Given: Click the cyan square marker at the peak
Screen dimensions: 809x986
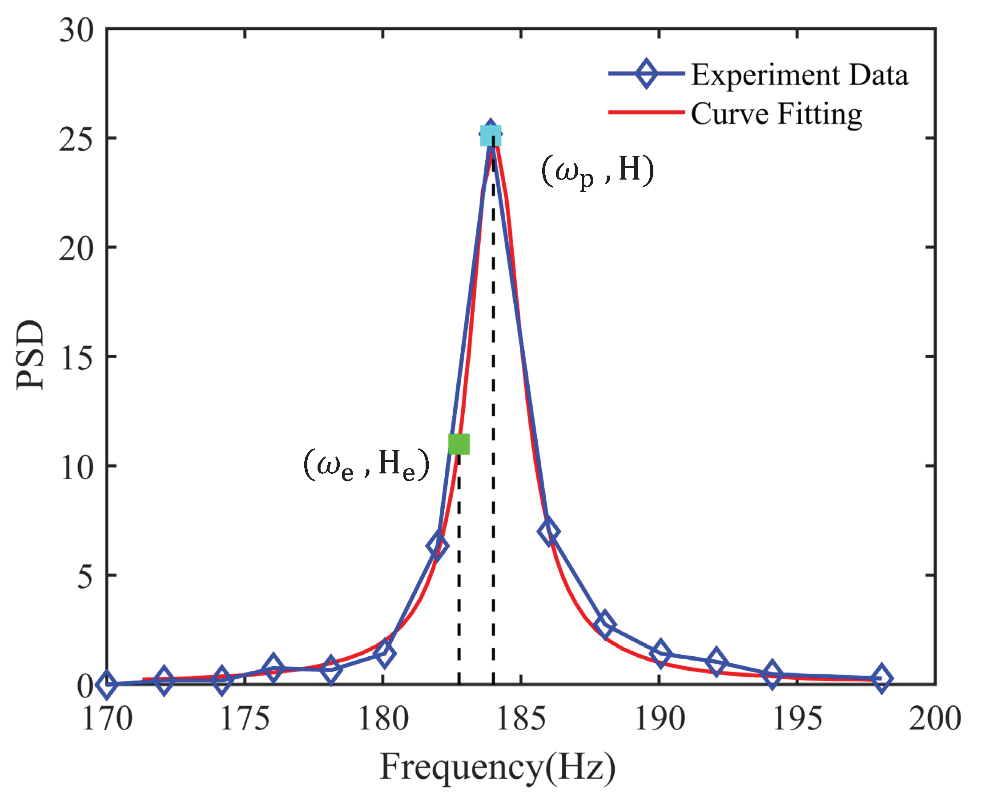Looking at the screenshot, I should pyautogui.click(x=491, y=136).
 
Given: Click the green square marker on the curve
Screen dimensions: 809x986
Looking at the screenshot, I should pyautogui.click(x=459, y=444).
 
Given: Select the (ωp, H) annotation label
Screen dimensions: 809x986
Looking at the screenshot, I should pyautogui.click(x=598, y=171).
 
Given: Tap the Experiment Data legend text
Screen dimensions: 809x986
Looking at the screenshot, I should pyautogui.click(x=799, y=75).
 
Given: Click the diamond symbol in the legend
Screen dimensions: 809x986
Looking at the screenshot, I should pyautogui.click(x=646, y=74).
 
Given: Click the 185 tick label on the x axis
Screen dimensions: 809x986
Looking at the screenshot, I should pyautogui.click(x=520, y=719).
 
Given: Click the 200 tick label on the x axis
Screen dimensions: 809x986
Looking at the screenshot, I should pyautogui.click(x=935, y=719).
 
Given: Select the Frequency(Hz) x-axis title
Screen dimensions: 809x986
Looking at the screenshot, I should pyautogui.click(x=497, y=767).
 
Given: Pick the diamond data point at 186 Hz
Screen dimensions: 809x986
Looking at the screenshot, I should pyautogui.click(x=548, y=531).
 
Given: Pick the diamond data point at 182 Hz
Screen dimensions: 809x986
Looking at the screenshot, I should pyautogui.click(x=437, y=545).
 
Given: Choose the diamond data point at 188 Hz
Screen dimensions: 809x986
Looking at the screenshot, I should pyautogui.click(x=605, y=625).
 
